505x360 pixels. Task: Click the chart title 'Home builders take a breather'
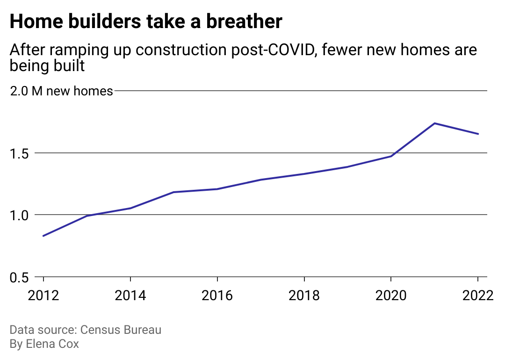point(146,22)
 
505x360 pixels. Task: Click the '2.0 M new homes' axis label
point(61,91)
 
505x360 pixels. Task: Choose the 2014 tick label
point(130,296)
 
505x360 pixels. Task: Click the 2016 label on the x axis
point(217,296)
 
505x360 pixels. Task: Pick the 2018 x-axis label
point(304,296)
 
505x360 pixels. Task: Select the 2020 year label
point(391,296)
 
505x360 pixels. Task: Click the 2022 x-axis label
point(477,296)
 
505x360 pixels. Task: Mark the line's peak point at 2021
point(434,123)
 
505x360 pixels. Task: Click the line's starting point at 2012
point(43,236)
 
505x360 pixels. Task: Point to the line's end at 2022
point(478,134)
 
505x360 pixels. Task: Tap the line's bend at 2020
point(391,156)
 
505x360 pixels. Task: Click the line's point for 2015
point(173,192)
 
